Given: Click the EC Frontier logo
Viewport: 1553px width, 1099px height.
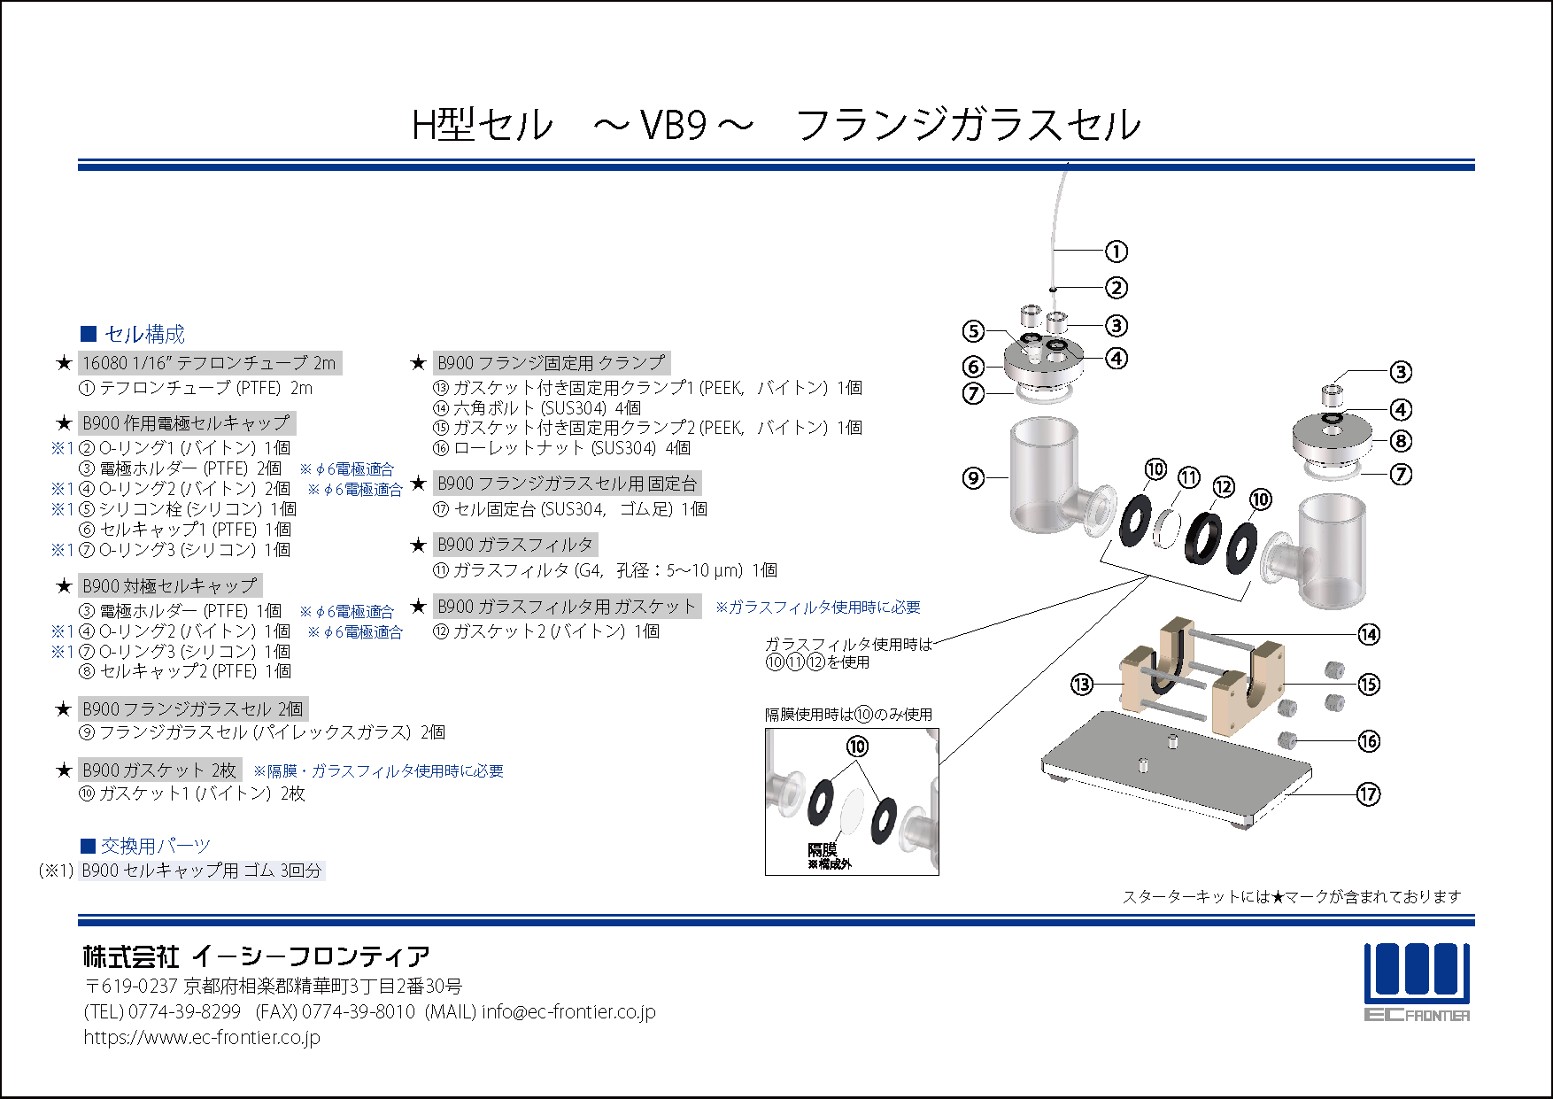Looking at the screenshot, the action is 1417,982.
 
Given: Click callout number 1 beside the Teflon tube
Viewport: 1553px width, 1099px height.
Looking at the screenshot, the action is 1116,252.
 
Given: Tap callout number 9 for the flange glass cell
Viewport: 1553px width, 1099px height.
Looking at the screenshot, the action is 973,478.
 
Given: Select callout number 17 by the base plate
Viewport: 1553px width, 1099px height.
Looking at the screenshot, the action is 1368,794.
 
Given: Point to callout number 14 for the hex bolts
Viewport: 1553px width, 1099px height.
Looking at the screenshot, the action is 1369,634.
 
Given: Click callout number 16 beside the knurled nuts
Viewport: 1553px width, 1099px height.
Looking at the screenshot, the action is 1369,741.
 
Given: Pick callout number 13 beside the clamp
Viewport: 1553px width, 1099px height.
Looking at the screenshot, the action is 1082,685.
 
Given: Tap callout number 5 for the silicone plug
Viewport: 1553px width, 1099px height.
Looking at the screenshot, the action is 973,331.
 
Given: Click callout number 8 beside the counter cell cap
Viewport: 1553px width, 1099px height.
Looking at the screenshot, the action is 1401,441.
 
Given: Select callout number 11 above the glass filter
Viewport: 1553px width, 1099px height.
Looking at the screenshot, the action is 1189,478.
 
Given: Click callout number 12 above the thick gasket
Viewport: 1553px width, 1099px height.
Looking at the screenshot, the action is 1224,487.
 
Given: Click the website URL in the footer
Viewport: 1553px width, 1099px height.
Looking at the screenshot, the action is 202,1037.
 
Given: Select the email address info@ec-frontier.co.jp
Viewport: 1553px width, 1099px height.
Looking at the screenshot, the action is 568,1011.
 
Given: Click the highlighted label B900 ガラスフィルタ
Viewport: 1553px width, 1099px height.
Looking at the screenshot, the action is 515,545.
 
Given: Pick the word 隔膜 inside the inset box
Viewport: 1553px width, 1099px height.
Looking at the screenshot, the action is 822,850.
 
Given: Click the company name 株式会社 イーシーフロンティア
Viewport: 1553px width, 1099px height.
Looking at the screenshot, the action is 257,956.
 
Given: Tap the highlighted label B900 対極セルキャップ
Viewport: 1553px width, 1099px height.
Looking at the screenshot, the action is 170,585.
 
